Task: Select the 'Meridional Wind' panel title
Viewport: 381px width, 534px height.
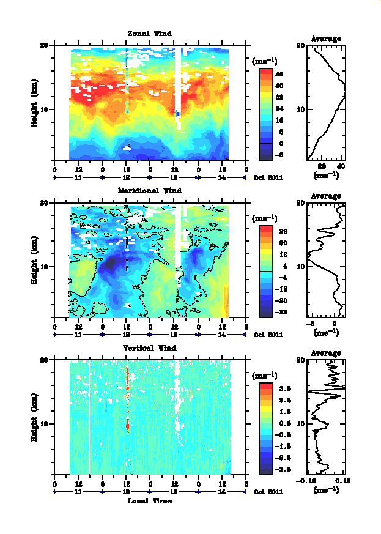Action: click(x=149, y=190)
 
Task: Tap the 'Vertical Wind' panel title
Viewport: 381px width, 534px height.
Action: click(x=149, y=348)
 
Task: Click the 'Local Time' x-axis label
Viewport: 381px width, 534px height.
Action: click(x=149, y=501)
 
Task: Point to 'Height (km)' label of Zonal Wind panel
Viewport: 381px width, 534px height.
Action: click(x=35, y=102)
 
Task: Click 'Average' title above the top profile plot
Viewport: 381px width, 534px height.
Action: click(x=326, y=39)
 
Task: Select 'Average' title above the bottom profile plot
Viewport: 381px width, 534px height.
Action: click(x=326, y=354)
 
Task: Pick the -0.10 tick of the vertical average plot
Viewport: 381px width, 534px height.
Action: click(x=306, y=481)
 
